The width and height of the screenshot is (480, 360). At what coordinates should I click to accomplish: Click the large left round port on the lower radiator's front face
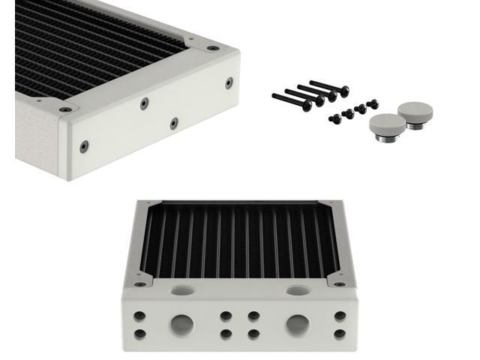(x=181, y=324)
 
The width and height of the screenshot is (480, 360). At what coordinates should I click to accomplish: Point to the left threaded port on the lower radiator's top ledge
(x=180, y=289)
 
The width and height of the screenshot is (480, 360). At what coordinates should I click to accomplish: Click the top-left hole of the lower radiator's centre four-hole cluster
(x=226, y=316)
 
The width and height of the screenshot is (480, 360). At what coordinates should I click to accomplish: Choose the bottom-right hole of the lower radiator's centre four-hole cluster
(x=253, y=333)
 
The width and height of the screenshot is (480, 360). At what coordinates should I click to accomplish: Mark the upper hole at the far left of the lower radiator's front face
(x=139, y=316)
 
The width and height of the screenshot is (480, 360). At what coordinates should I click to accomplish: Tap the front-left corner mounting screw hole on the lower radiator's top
(x=139, y=284)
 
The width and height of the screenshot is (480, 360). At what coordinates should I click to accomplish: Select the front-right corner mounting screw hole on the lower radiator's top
(x=339, y=284)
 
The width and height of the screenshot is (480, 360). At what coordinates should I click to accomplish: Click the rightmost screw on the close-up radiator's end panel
(x=228, y=83)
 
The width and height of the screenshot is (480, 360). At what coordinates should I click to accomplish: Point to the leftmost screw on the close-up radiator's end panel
(x=84, y=145)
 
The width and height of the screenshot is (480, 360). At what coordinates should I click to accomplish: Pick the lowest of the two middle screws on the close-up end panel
(x=173, y=121)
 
